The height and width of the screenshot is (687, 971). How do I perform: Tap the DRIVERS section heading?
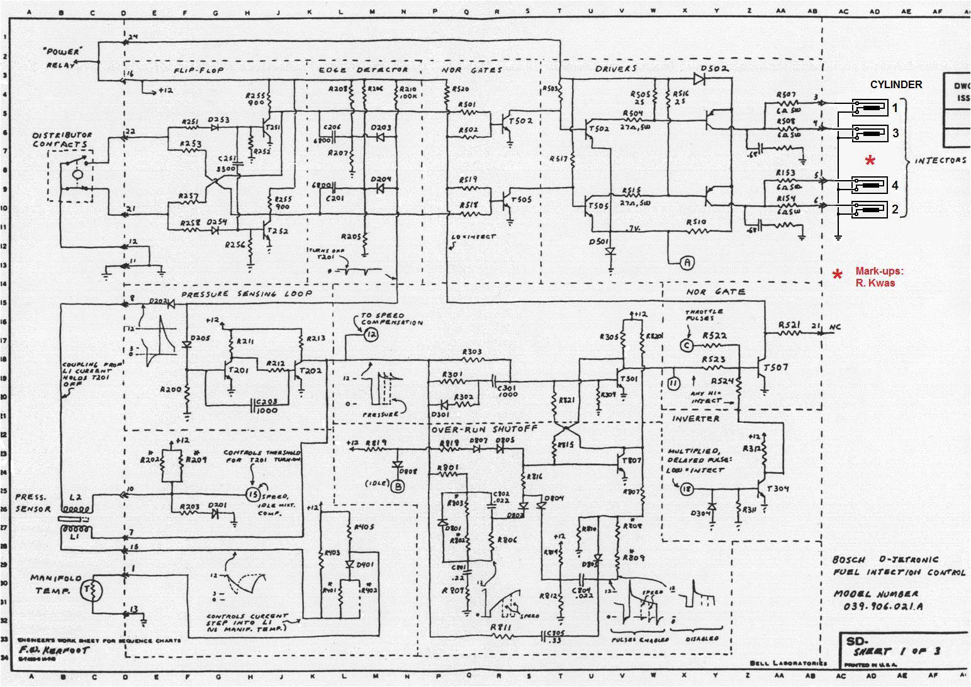tap(615, 69)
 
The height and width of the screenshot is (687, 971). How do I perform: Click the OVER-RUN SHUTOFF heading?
tap(484, 429)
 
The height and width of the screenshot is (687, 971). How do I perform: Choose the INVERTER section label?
tap(695, 419)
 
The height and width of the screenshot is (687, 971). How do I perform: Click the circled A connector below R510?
tap(687, 263)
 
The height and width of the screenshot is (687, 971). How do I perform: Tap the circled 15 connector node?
tap(253, 495)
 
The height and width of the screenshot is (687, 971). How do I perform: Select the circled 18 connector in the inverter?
tap(686, 489)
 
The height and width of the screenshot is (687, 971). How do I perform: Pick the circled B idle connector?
tap(398, 485)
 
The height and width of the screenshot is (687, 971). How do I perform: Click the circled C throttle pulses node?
tap(687, 345)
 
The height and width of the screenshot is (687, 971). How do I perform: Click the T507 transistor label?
tap(775, 367)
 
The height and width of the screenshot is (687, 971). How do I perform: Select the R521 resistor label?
tap(790, 326)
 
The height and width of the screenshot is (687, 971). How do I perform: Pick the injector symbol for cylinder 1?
tap(870, 108)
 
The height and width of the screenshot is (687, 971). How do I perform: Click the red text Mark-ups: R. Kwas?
tap(878, 277)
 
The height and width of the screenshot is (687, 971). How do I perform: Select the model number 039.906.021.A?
tap(878, 606)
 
